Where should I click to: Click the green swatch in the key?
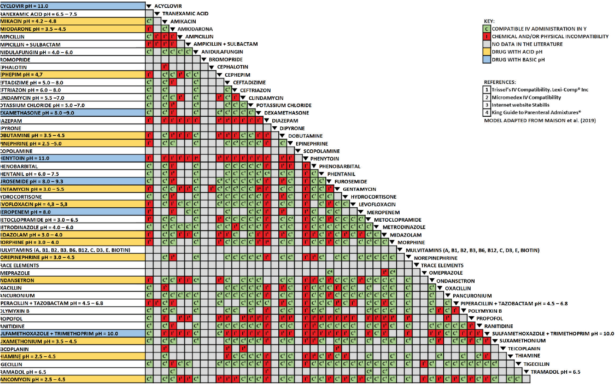click(487, 29)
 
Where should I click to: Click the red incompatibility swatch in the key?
click(487, 37)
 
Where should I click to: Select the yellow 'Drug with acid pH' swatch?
click(487, 52)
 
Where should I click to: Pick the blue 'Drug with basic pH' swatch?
click(487, 60)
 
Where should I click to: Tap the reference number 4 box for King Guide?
click(487, 113)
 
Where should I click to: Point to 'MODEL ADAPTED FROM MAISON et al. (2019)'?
click(540, 121)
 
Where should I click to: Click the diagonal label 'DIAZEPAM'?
click(285, 121)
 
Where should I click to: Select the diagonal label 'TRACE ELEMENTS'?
click(442, 266)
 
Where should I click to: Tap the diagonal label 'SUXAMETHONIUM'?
click(522, 341)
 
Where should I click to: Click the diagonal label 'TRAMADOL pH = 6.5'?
click(555, 372)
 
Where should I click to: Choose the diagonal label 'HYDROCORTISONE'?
click(374, 197)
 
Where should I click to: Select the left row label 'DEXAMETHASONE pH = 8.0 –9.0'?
click(37, 113)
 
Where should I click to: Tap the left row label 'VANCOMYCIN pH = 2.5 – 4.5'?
click(33, 379)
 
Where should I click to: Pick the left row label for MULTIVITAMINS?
click(65, 250)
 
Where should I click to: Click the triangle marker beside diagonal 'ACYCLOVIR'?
click(149, 6)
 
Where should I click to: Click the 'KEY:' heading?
click(489, 21)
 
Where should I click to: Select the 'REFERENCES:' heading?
click(500, 82)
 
